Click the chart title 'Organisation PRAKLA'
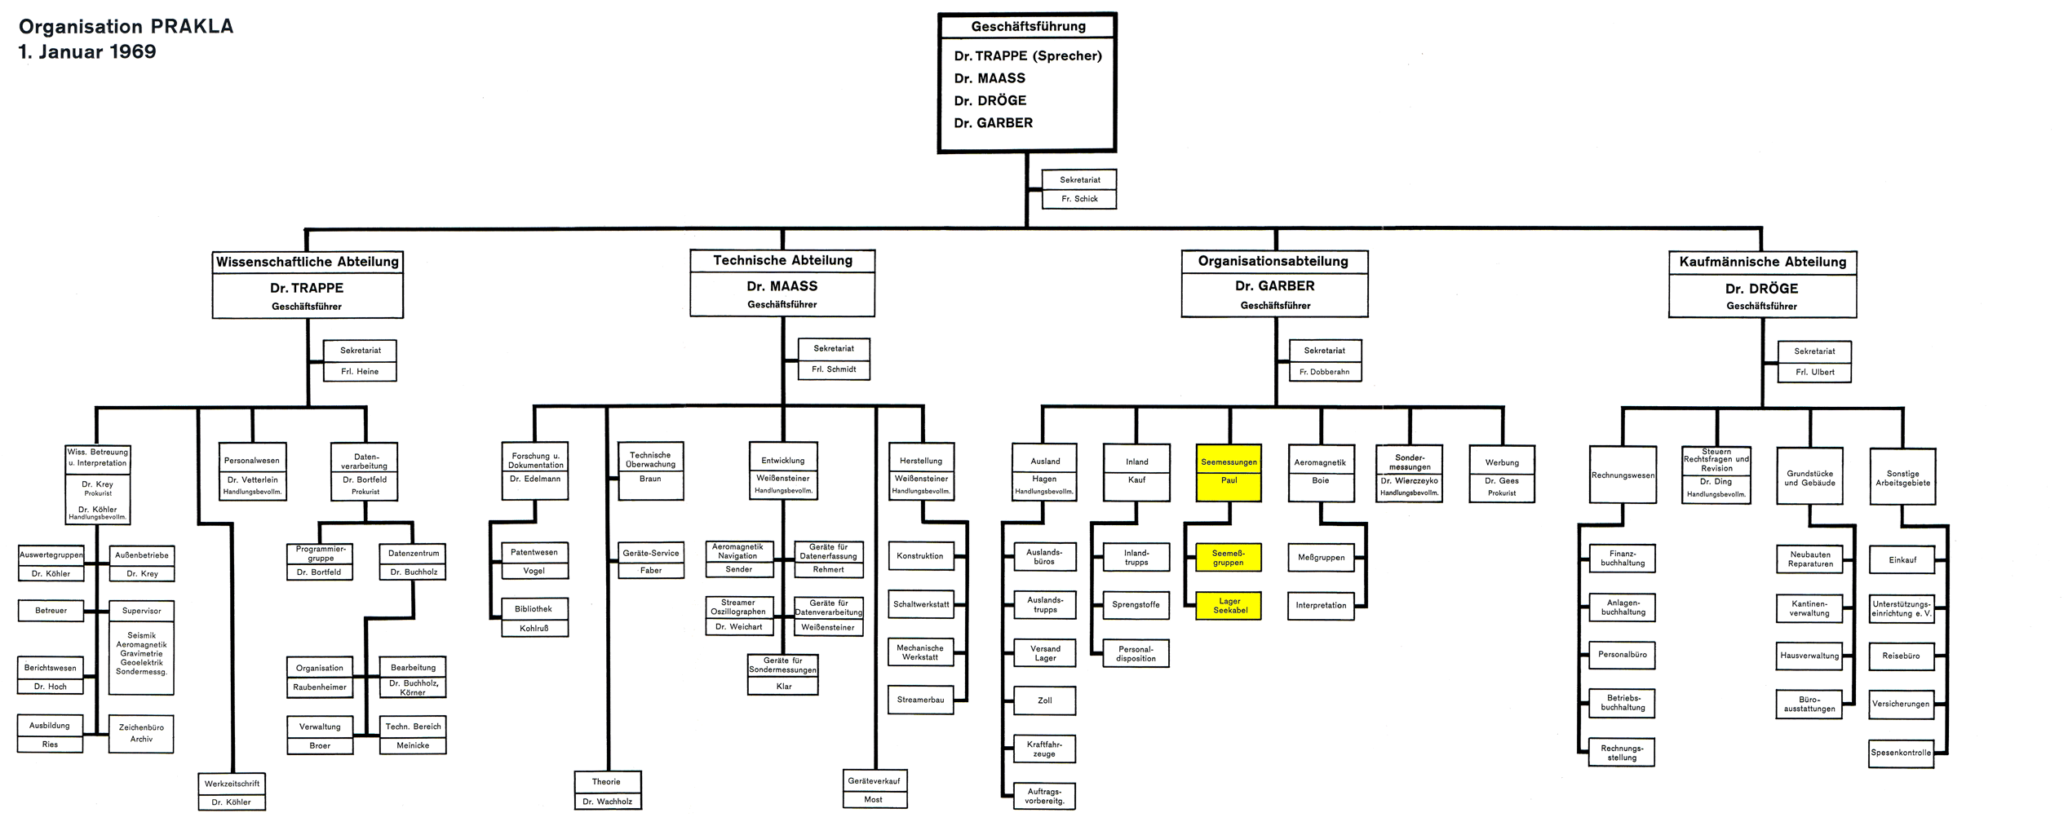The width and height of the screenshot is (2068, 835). [x=126, y=27]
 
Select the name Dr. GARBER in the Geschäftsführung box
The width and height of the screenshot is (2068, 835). [x=993, y=123]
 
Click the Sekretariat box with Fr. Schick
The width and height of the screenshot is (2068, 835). [x=1079, y=189]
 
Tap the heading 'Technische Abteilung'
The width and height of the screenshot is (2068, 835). [x=782, y=261]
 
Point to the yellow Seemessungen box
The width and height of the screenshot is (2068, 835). [x=1229, y=471]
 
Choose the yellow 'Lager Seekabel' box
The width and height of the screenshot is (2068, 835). [x=1229, y=606]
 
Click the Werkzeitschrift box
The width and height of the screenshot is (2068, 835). [x=232, y=792]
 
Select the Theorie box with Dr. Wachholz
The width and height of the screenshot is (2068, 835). [x=607, y=791]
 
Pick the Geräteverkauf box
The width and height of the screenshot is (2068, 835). [x=874, y=789]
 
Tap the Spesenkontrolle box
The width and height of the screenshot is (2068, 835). [x=1901, y=753]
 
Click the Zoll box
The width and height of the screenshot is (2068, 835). [x=1044, y=700]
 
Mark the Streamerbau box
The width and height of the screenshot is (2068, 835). [x=920, y=700]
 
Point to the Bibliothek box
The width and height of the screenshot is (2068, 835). [x=534, y=618]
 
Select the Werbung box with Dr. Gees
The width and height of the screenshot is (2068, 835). [x=1502, y=473]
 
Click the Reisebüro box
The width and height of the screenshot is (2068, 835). [x=1901, y=656]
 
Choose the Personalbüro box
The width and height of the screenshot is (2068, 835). [x=1622, y=655]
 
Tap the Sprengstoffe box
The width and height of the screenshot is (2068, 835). [x=1136, y=605]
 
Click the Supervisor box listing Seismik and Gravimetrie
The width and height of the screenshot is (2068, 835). [x=141, y=647]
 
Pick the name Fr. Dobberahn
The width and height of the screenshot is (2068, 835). [x=1324, y=372]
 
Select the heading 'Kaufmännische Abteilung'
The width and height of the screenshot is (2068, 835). [x=1762, y=263]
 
